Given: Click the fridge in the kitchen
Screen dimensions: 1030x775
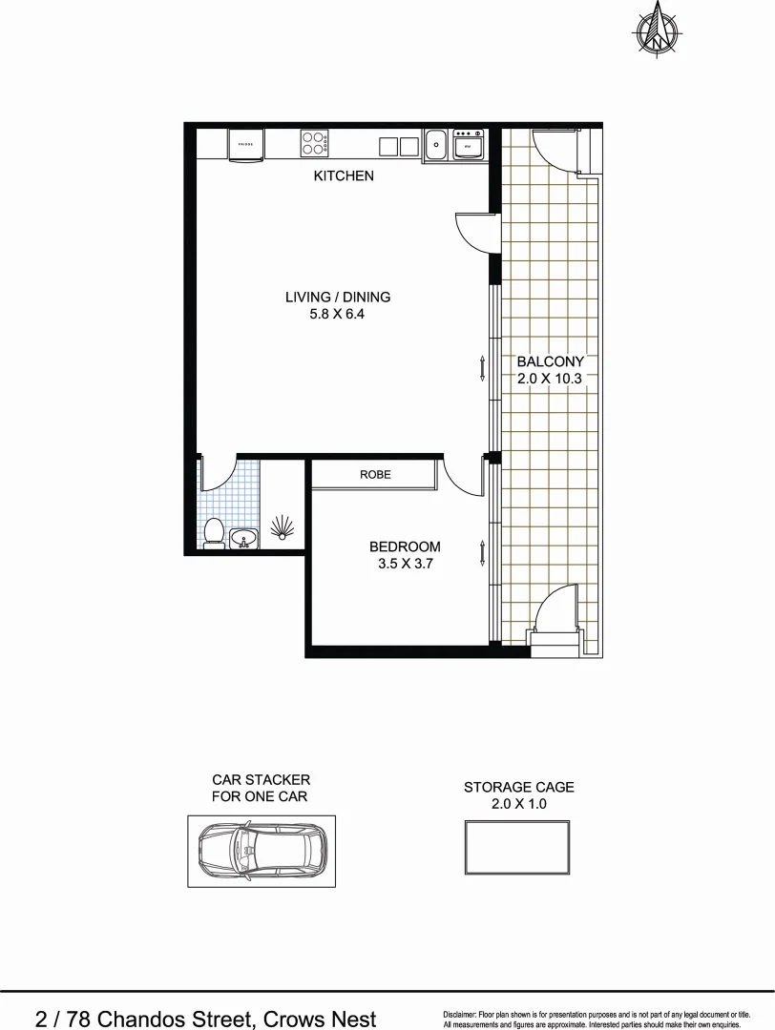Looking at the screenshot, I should point(245,145).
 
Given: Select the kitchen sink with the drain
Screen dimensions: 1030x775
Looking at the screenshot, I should point(435,145).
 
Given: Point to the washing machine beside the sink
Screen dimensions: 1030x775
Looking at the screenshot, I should point(469,145).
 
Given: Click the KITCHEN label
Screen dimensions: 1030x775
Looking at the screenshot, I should point(344,176).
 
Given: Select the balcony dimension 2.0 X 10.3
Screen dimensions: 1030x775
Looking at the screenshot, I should point(549,378).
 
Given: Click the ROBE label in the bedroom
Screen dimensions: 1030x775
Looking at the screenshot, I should point(375,474).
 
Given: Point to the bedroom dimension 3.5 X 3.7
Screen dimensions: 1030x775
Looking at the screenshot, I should point(405,564).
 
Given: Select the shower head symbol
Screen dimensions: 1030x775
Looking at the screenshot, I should point(283,527).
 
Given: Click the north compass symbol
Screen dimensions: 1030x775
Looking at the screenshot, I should point(657,29).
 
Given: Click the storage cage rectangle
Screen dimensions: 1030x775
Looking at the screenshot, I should point(518,846).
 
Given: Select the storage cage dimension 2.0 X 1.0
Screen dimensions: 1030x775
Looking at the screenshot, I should point(518,804).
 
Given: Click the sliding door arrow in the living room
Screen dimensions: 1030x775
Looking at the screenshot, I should point(483,367).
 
